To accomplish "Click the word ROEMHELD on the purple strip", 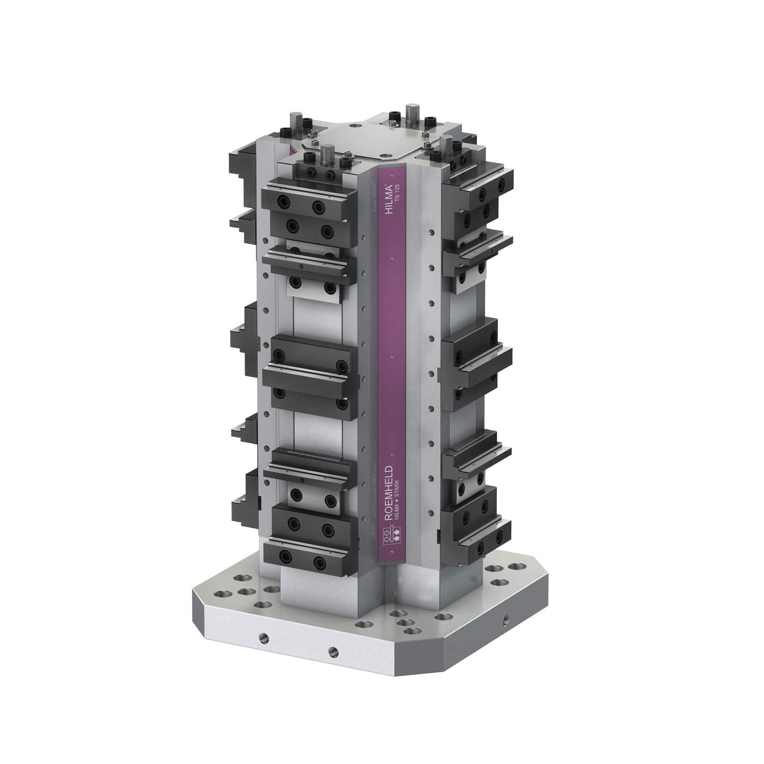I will pos(389,492).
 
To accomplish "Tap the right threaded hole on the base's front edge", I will pos(333,650).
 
